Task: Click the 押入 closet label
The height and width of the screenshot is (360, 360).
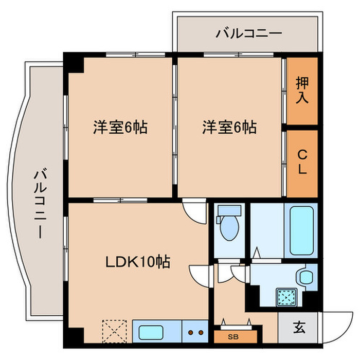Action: (302, 90)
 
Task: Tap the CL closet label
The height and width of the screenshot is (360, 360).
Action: (302, 161)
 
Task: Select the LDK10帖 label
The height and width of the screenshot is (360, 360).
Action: (138, 261)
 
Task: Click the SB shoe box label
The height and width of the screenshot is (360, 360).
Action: (233, 337)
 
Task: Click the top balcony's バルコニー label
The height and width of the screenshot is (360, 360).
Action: (249, 33)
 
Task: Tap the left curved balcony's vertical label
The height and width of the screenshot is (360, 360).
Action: (41, 204)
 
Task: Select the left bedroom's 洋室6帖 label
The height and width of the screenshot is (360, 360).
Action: (120, 127)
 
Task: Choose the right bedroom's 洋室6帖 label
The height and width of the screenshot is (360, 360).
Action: (229, 127)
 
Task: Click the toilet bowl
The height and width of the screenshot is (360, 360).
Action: (229, 227)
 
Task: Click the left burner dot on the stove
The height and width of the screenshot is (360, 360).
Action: (190, 332)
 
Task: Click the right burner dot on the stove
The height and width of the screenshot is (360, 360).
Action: (201, 332)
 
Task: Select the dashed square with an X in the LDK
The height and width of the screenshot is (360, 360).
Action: (114, 331)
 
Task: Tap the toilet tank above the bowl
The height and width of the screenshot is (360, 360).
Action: (229, 210)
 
